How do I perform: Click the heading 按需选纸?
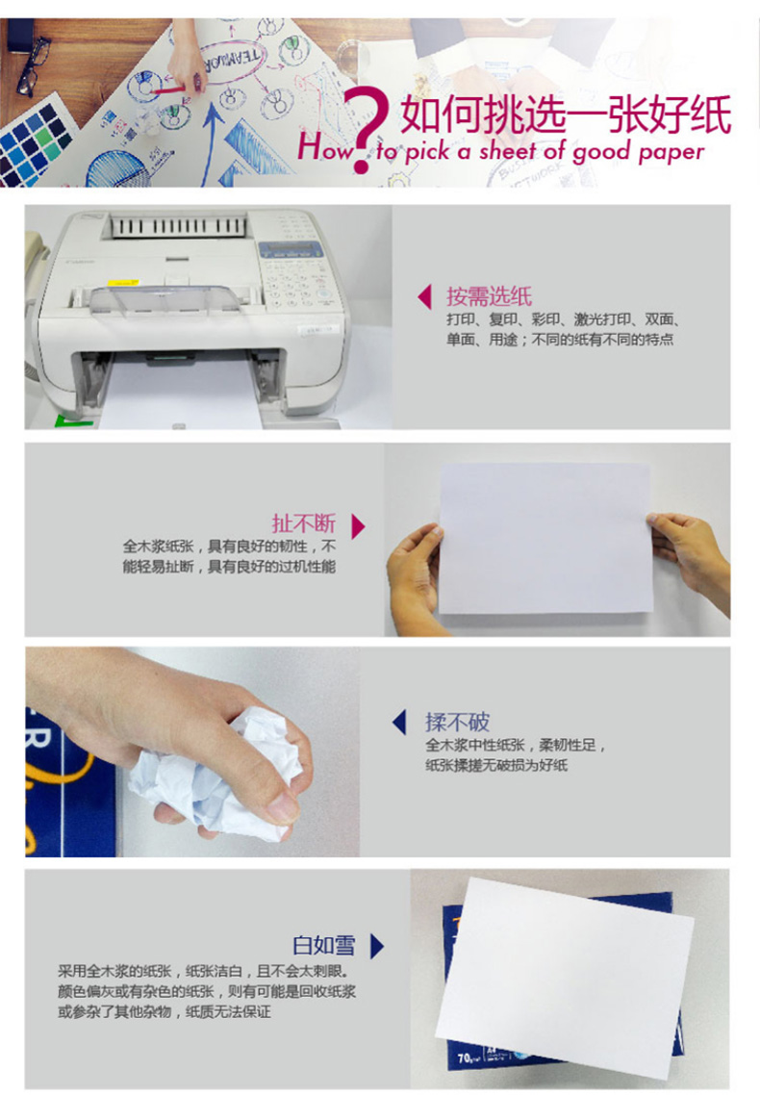pos(490,296)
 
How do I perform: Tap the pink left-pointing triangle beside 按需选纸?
pos(424,296)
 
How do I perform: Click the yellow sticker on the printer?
pos(123,283)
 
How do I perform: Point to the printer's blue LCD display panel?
pos(291,249)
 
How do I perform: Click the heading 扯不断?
pos(304,523)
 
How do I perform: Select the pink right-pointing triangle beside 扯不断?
pos(358,526)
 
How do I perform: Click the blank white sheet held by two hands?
pos(545,539)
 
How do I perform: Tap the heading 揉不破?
pos(457,722)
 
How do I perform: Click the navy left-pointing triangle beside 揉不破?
pos(399,722)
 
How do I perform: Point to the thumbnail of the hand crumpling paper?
pos(192,751)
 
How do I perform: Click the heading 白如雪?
pos(324,945)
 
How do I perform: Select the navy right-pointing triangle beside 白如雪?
pos(377,946)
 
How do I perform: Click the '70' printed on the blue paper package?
pos(464,1058)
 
